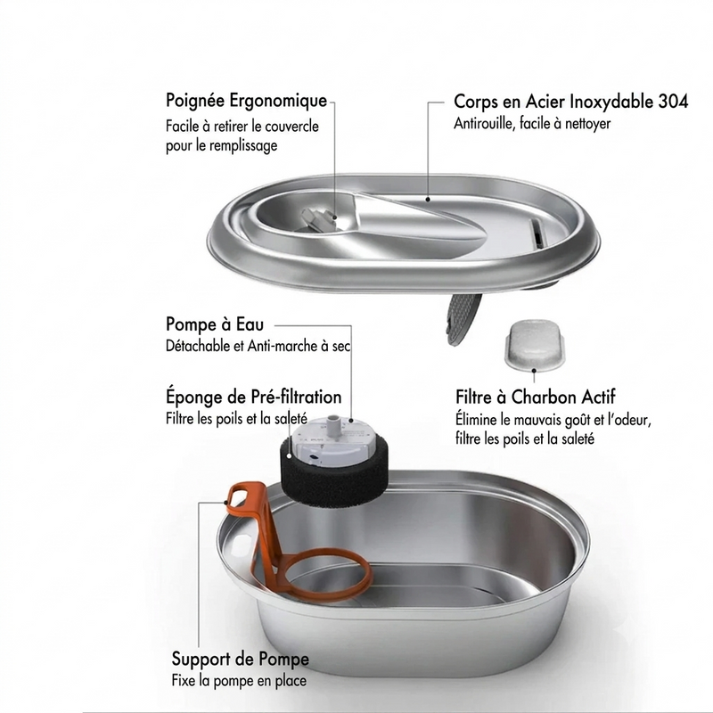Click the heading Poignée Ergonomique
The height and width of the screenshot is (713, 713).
[x=246, y=101]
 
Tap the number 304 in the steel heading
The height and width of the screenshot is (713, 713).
[x=673, y=102]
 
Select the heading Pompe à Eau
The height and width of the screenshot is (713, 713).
[x=215, y=324]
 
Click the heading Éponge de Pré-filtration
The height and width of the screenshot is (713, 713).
[x=253, y=397]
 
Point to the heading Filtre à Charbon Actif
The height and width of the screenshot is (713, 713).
[x=536, y=397]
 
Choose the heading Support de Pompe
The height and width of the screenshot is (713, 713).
[x=240, y=659]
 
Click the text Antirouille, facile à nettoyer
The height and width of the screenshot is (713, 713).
[x=532, y=123]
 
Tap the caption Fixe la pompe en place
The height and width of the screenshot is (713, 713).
[x=239, y=681]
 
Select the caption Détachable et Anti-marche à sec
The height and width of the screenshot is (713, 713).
[x=258, y=346]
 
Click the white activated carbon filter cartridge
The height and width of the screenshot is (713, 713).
[x=534, y=345]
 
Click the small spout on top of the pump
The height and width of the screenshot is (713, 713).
[x=333, y=422]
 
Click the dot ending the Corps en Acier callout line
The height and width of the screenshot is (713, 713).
[x=428, y=199]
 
